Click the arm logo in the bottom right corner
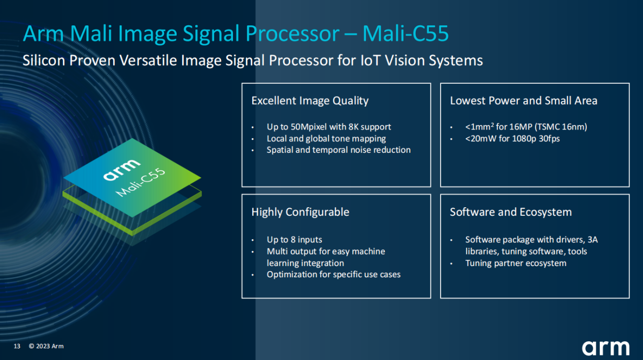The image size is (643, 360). tap(605, 348)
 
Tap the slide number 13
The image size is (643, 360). tap(17, 346)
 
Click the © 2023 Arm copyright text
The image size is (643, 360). tap(46, 346)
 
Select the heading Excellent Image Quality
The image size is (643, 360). tap(310, 101)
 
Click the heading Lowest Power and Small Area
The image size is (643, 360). tap(523, 101)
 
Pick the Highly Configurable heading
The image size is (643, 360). tap(300, 212)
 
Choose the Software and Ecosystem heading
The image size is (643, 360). tap(511, 212)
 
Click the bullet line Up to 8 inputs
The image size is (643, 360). tap(294, 240)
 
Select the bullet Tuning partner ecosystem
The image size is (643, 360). tap(516, 263)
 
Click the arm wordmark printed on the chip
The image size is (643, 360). tap(122, 170)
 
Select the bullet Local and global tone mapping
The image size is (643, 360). tap(326, 138)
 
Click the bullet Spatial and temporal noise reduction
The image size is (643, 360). tap(339, 150)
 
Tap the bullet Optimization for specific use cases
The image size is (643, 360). tap(333, 275)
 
